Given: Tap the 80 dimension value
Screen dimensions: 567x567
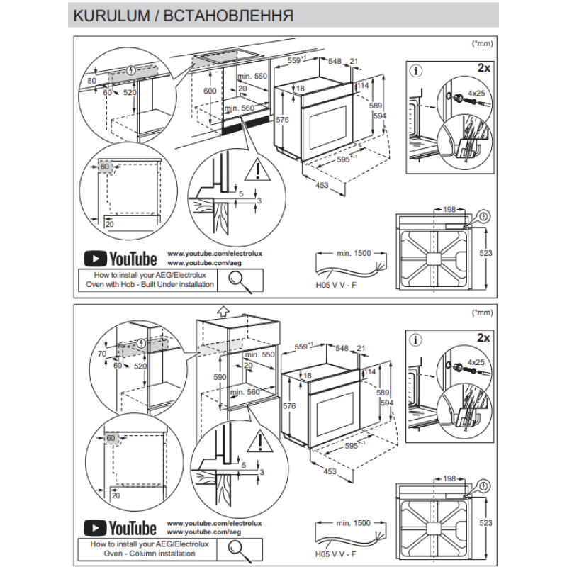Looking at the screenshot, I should coord(91,81).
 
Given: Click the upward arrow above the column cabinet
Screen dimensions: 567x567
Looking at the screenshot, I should coord(223,310).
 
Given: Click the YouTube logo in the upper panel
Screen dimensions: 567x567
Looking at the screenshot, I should coord(120,256).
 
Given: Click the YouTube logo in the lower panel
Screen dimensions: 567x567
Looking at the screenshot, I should coord(120,528).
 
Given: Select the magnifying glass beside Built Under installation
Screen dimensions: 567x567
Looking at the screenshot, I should coord(242,281).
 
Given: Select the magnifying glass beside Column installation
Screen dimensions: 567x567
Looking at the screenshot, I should coord(242,549).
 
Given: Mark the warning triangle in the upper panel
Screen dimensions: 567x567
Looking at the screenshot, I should coord(253,170).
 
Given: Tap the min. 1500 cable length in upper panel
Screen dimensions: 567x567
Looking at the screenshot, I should coord(354,253).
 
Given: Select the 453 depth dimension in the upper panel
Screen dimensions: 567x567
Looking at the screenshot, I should coord(322,185).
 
